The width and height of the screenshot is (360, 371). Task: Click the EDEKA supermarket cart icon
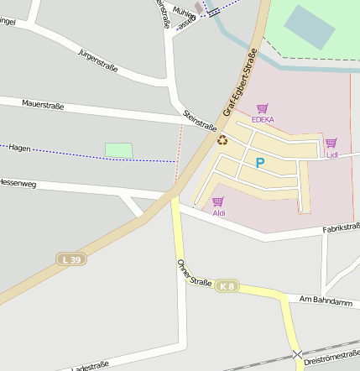(262, 108)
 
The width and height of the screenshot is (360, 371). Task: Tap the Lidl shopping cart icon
(331, 143)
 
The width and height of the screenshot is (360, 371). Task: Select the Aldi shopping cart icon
(218, 201)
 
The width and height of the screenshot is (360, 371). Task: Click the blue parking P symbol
(259, 162)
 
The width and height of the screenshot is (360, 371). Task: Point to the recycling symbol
(222, 140)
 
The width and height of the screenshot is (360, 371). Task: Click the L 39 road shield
(71, 260)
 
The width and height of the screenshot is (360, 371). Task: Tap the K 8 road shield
(225, 287)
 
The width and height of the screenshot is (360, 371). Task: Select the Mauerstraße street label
(44, 105)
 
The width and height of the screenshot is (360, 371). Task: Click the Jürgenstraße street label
(97, 60)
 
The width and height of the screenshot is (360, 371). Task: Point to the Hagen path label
(19, 148)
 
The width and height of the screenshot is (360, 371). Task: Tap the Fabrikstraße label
(341, 227)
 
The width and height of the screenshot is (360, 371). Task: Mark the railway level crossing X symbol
(297, 355)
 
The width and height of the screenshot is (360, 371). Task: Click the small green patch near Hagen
(118, 150)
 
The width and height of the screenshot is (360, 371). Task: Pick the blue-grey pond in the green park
(309, 28)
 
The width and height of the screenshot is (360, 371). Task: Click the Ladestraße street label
(90, 367)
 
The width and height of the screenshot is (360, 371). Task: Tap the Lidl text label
(331, 154)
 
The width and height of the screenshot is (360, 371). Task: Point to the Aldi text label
(218, 213)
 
